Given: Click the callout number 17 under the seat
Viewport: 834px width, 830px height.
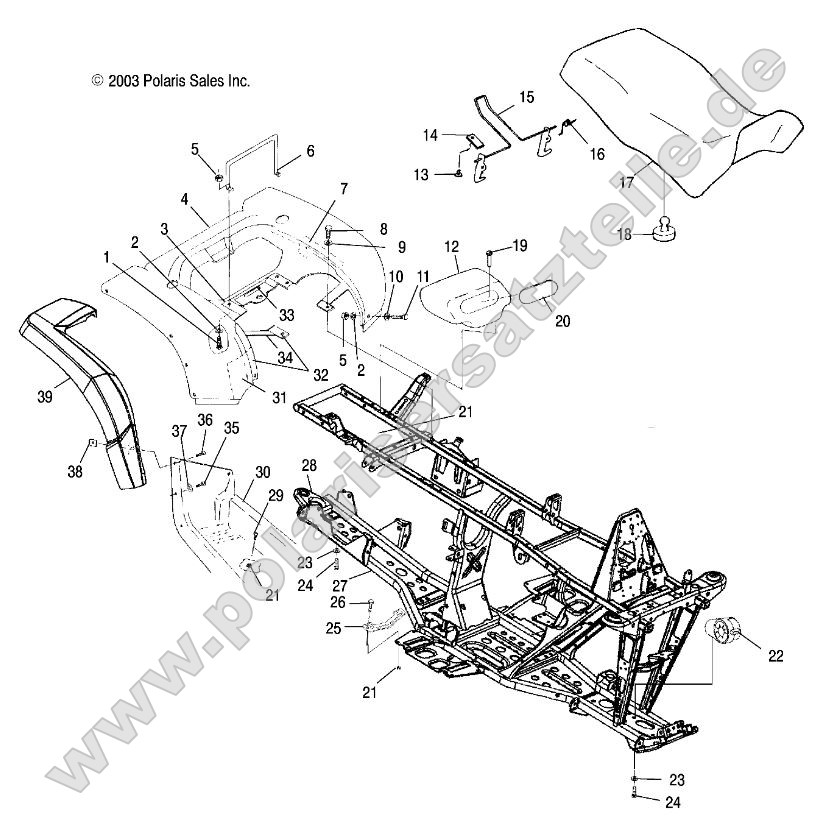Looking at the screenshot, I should coord(626,184).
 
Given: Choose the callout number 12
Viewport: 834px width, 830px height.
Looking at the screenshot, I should coord(452,245).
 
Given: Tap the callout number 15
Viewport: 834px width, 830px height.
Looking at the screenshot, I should coord(526,97).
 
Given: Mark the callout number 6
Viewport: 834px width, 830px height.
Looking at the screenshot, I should coord(310,151).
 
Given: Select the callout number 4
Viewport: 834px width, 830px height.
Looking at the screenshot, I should coord(185,200).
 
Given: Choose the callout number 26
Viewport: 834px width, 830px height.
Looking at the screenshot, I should coord(337,603).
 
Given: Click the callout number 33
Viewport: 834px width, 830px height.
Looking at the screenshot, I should coord(287,315).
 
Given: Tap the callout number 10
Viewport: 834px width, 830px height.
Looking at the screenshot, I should coord(367,275).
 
